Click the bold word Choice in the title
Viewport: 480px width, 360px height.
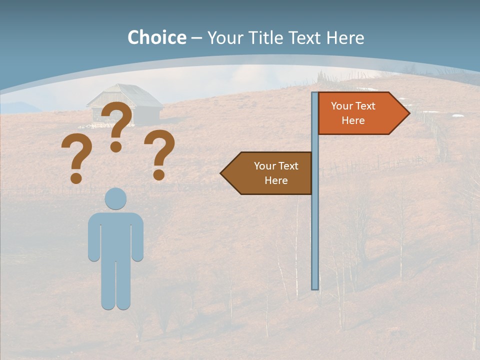click(156, 37)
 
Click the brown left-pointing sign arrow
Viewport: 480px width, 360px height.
click(268, 173)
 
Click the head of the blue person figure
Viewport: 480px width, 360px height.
click(115, 198)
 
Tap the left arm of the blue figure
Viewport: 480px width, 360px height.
click(93, 237)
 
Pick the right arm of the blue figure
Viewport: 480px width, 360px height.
click(138, 237)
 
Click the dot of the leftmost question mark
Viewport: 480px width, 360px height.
click(76, 178)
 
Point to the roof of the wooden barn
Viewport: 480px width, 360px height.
click(125, 95)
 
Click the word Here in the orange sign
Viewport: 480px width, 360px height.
click(353, 120)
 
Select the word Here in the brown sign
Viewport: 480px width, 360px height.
click(276, 180)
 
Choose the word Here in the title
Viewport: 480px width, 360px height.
click(345, 37)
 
